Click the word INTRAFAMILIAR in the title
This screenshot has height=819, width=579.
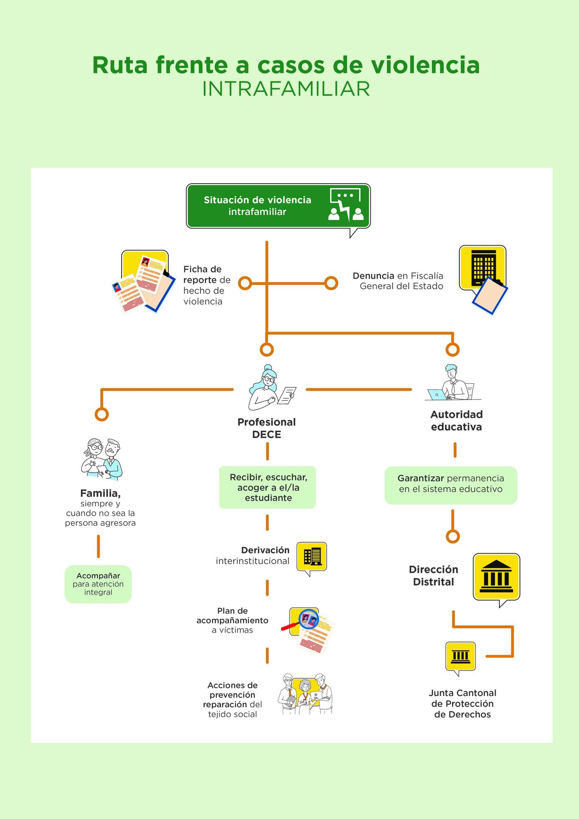click(286, 89)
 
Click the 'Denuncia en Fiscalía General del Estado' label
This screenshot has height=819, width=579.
click(398, 281)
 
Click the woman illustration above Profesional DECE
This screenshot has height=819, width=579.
click(270, 387)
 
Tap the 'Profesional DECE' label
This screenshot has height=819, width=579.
click(267, 428)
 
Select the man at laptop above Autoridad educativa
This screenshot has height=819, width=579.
click(452, 383)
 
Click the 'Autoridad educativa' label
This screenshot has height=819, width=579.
click(457, 420)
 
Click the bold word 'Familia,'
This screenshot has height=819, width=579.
click(100, 493)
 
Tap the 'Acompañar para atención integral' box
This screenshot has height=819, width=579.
click(98, 584)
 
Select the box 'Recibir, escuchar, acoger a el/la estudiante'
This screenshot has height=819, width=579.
click(268, 487)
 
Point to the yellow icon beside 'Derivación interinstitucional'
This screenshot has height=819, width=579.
click(312, 557)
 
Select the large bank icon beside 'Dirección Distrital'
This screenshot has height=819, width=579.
click(496, 577)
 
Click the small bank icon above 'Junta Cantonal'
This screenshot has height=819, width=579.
click(460, 656)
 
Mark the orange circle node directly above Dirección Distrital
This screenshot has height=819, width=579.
click(453, 536)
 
